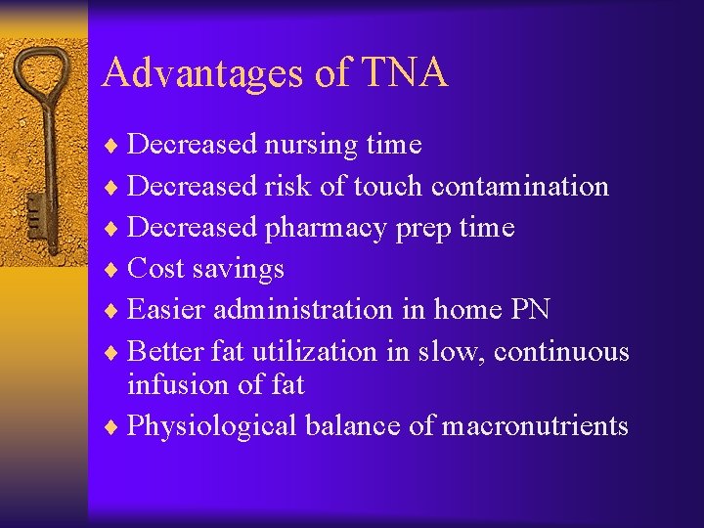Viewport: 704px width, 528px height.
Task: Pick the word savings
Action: pos(245,269)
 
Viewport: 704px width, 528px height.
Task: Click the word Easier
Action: pos(167,310)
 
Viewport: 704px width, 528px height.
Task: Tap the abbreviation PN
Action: pos(530,310)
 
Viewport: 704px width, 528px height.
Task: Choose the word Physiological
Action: pos(212,427)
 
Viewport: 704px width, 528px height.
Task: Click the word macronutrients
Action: pos(535,426)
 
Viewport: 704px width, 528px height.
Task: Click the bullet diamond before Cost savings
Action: pos(116,269)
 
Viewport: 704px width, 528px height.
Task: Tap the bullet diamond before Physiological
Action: pos(116,427)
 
